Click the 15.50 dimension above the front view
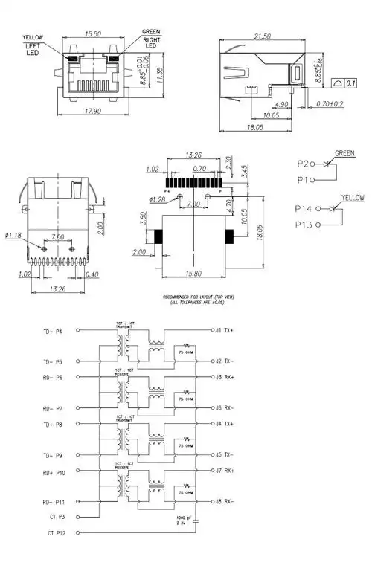pyautogui.click(x=93, y=34)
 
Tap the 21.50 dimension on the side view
pyautogui.click(x=263, y=36)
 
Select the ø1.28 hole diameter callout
pyautogui.click(x=158, y=199)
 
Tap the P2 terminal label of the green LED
pyautogui.click(x=304, y=162)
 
